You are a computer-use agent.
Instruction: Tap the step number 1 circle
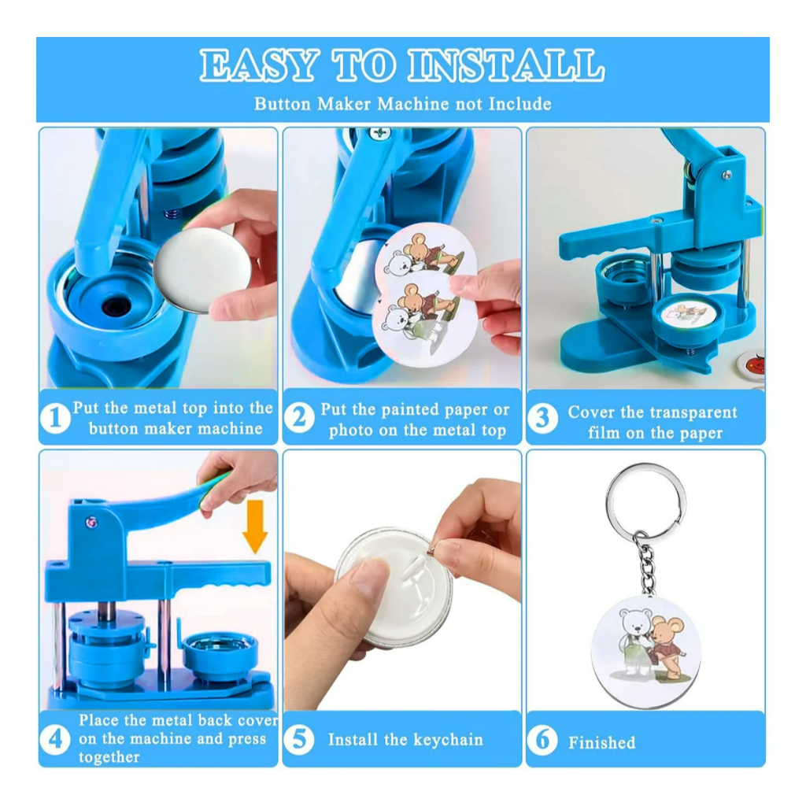tap(56, 417)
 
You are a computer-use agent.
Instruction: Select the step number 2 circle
tap(299, 418)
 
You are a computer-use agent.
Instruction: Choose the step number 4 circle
tap(56, 740)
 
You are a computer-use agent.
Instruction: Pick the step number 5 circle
tap(299, 740)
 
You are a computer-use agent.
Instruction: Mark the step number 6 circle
tap(542, 740)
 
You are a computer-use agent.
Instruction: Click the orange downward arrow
tap(255, 527)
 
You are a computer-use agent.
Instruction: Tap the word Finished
tap(602, 742)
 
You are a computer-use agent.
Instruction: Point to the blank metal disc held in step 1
tap(202, 271)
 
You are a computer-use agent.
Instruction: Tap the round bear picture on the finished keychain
tap(645, 652)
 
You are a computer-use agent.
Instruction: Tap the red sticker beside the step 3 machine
tap(752, 364)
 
